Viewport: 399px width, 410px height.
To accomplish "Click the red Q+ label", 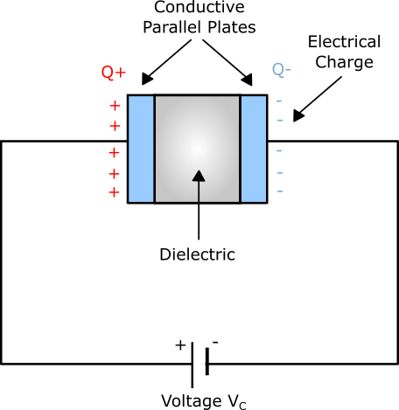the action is tap(114, 73).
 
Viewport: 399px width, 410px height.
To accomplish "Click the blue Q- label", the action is tap(282, 70).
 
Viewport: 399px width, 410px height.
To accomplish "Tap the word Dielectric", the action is tap(198, 254).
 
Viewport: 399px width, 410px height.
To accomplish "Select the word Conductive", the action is tap(199, 7).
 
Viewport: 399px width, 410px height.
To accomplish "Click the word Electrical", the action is tap(344, 42).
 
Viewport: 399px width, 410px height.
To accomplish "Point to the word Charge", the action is tap(344, 63).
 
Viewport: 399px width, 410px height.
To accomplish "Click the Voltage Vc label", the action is tap(204, 401).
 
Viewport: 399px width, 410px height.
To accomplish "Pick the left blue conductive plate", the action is tap(141, 149).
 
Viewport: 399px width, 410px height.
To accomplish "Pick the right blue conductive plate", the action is tap(254, 149).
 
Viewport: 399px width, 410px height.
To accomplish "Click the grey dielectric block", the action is tap(198, 149).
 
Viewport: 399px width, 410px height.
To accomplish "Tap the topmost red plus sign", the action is tap(115, 106).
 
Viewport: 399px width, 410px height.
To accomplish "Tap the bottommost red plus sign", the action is tap(114, 192).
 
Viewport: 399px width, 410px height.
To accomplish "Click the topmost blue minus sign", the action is tap(279, 101).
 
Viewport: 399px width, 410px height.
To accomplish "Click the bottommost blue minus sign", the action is tap(280, 191).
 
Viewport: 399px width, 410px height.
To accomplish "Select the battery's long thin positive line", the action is tap(192, 365).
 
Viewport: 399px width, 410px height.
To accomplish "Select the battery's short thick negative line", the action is tap(207, 361).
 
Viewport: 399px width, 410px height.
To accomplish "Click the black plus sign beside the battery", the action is tap(180, 345).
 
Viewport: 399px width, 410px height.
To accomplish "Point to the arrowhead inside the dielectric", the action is tap(199, 176).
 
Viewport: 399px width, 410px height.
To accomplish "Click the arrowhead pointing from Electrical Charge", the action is tap(298, 116).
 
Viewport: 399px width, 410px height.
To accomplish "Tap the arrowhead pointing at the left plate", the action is tap(147, 79).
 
